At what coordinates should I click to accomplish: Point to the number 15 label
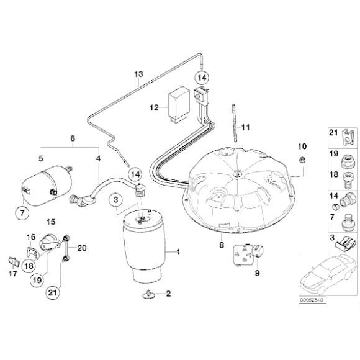[51, 222]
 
